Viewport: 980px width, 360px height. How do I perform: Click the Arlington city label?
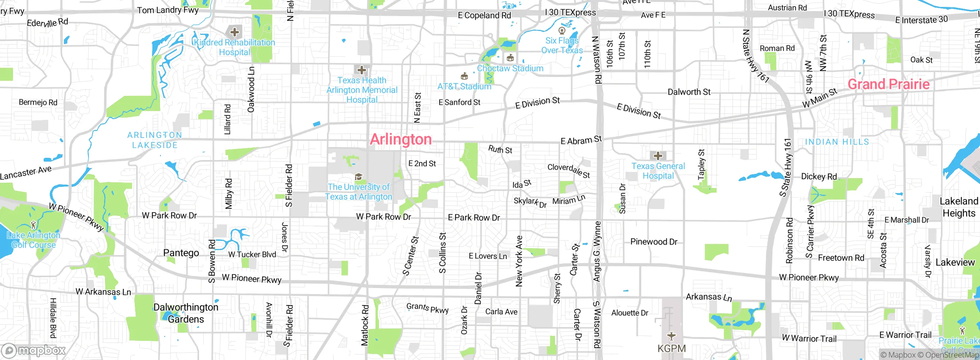click(400, 139)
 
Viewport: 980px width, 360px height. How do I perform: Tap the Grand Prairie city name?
click(888, 84)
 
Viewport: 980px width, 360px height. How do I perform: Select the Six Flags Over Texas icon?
click(562, 30)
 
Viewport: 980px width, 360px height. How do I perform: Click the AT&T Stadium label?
click(464, 87)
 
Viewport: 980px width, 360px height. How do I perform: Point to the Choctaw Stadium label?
click(510, 68)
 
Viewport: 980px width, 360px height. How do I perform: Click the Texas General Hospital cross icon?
click(658, 156)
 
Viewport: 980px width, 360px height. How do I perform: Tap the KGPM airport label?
click(671, 349)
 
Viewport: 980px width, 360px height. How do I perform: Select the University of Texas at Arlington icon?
click(358, 177)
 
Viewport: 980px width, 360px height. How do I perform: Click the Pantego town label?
click(181, 253)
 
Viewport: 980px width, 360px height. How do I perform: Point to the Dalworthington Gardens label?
click(186, 313)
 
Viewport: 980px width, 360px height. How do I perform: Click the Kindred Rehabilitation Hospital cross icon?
click(235, 32)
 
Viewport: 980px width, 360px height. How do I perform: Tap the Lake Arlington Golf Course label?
click(33, 240)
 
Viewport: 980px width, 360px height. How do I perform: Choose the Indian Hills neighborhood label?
click(837, 142)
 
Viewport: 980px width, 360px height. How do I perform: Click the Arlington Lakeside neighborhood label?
click(155, 140)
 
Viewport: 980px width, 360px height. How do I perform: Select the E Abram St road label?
click(581, 140)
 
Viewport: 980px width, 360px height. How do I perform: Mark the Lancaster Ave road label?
click(26, 173)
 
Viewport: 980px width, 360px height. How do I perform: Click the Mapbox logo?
click(34, 350)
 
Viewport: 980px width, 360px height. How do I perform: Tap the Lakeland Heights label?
click(959, 207)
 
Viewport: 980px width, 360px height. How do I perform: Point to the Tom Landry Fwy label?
click(168, 10)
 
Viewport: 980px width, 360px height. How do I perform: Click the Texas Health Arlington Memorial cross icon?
click(361, 70)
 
